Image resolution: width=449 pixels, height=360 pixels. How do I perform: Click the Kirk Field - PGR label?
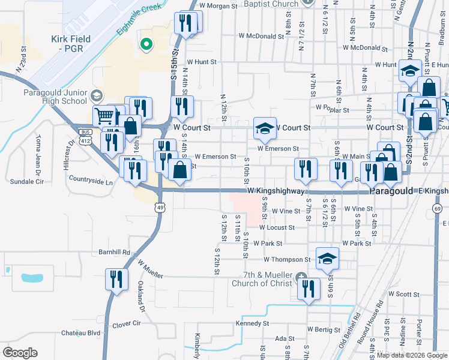pos(71,44)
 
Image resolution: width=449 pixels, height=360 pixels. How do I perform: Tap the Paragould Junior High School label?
pos(55,97)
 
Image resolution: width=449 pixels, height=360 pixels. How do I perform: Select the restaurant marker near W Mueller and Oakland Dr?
pos(116,279)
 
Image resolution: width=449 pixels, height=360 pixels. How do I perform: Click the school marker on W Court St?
pos(264,127)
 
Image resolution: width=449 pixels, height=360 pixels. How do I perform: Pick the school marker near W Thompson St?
pos(327,258)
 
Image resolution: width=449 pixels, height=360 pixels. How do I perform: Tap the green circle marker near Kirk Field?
pos(145,44)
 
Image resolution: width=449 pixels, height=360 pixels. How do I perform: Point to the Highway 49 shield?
pos(158,208)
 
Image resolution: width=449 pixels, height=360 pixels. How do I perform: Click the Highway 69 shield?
pos(436,208)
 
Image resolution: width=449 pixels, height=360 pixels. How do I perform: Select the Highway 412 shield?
pos(88,141)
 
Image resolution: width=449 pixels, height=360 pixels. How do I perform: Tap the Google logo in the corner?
pos(20,352)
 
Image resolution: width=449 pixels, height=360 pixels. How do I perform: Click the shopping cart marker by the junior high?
pos(104,115)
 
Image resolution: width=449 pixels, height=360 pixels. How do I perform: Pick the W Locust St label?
pos(277,227)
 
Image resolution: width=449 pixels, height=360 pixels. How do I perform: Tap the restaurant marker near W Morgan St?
pos(185,23)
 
